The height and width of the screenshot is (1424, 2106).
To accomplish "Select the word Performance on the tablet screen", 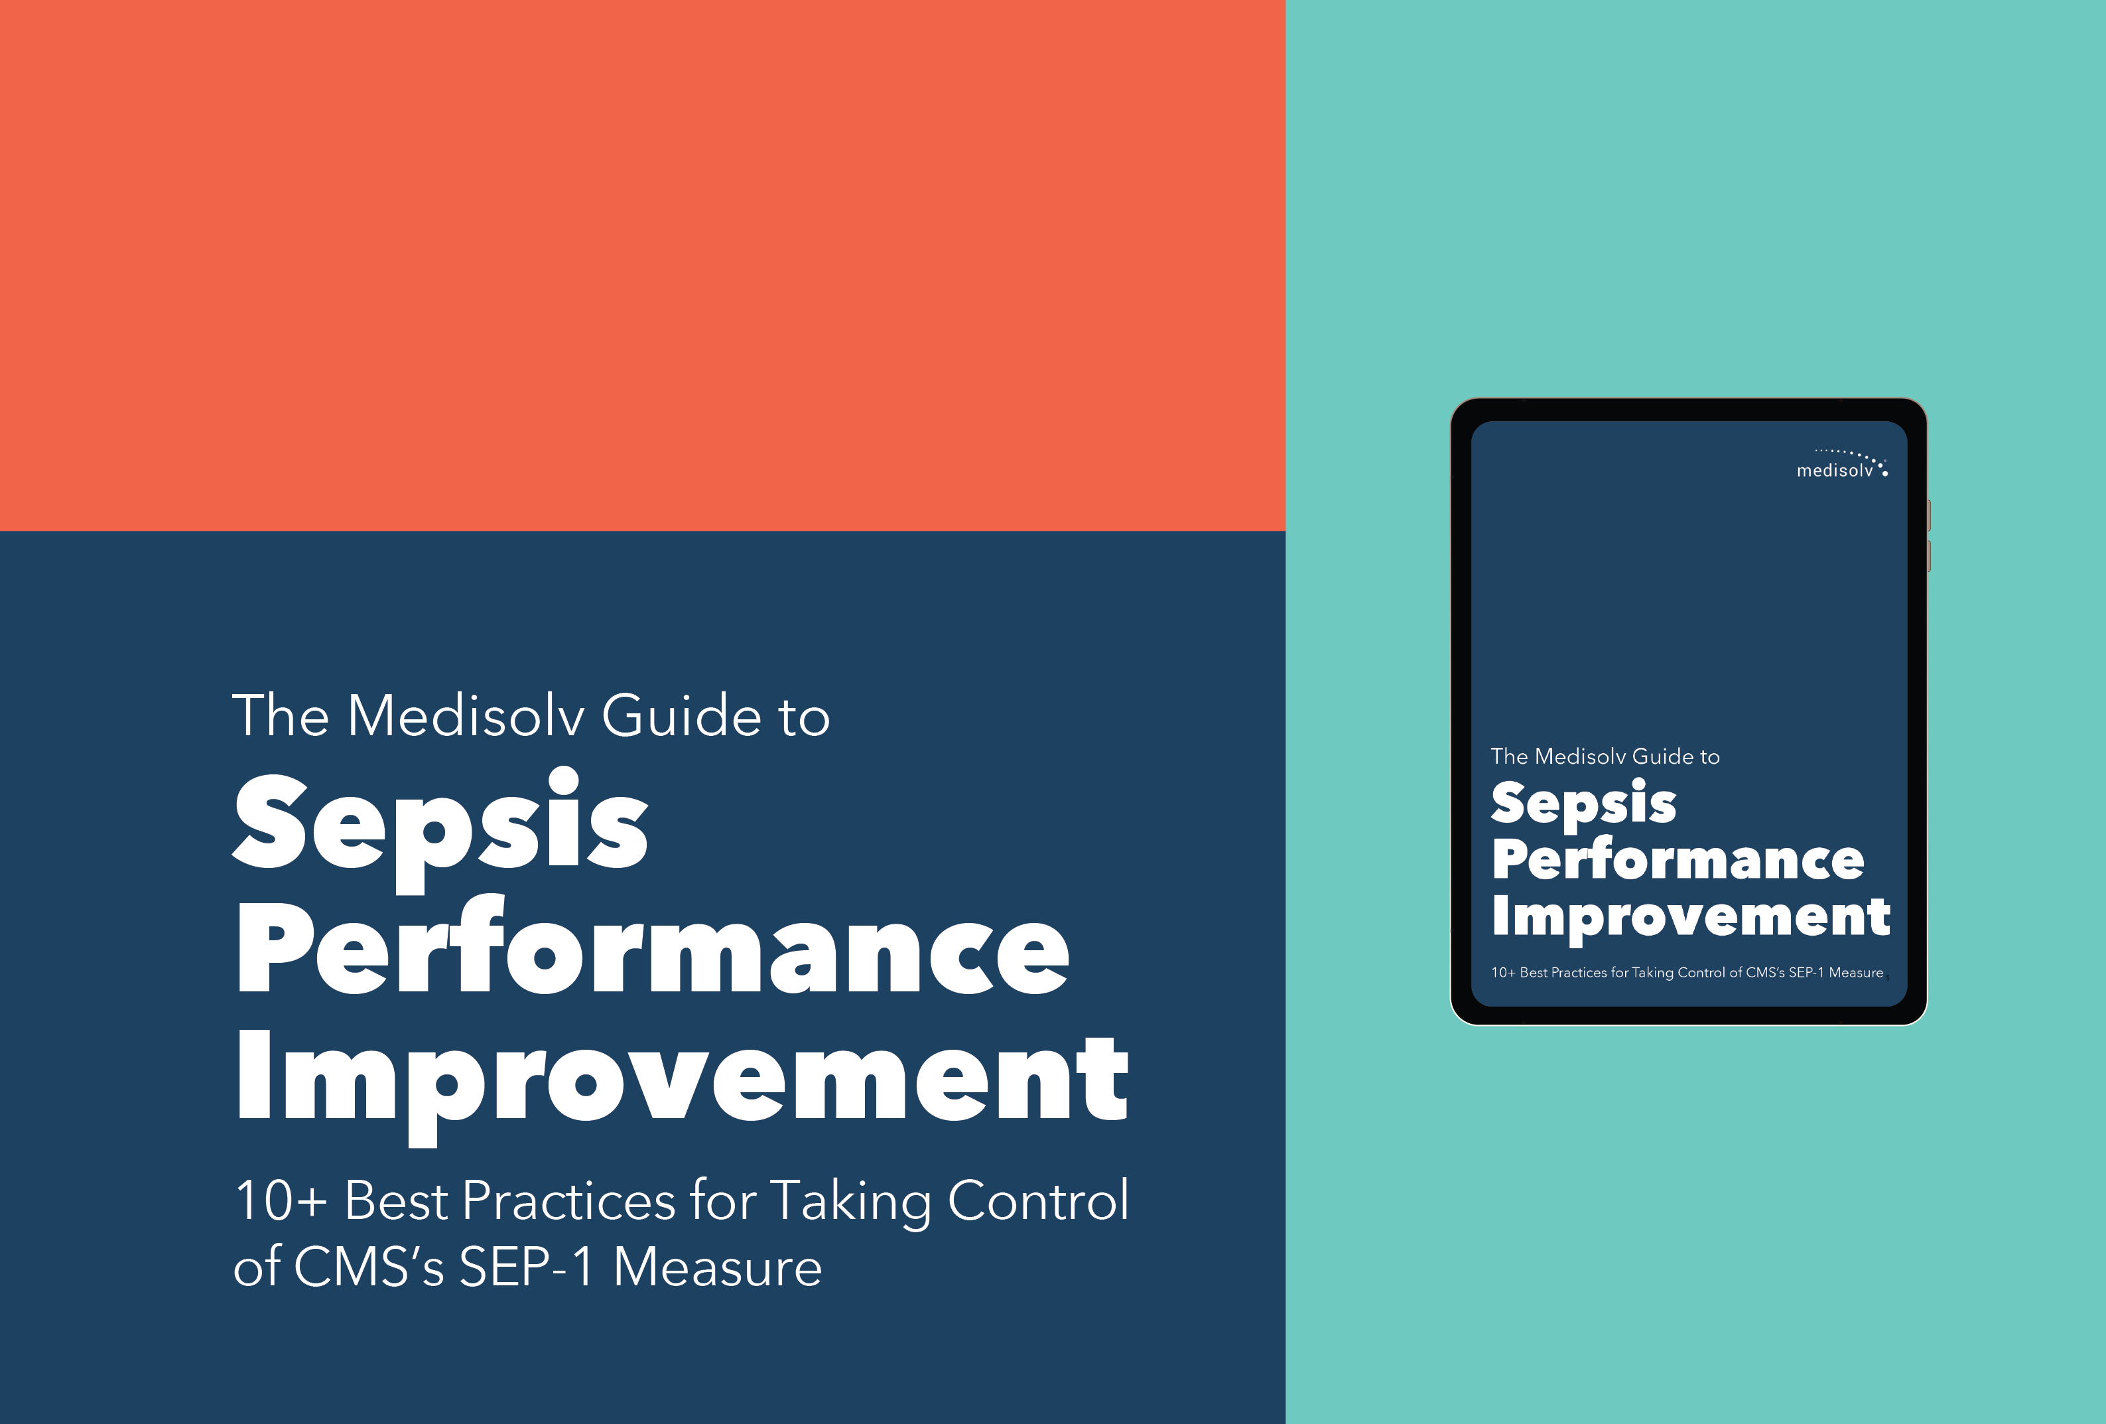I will click(x=1678, y=859).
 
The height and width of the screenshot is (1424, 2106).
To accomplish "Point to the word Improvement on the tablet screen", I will click(x=1690, y=916).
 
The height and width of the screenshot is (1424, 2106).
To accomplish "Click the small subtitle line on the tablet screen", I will click(x=1686, y=973).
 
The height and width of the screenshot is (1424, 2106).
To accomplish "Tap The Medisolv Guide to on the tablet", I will click(x=1605, y=756).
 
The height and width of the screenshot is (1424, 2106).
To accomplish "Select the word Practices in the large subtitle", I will click(x=568, y=1201).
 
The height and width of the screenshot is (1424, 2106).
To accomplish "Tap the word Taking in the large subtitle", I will click(x=850, y=1201).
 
